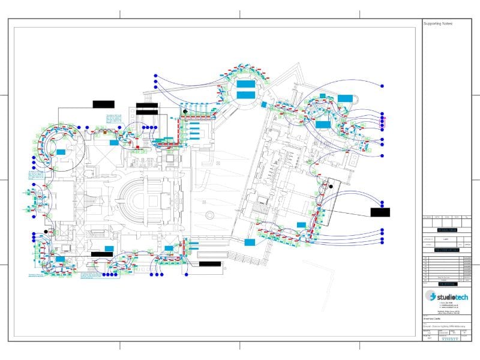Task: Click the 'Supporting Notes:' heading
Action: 439,23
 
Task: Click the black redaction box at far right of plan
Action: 380,212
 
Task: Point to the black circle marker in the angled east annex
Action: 329,187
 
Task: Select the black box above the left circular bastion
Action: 103,104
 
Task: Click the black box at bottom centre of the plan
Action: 209,263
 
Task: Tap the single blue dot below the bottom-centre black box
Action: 187,274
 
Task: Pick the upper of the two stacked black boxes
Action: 147,106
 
